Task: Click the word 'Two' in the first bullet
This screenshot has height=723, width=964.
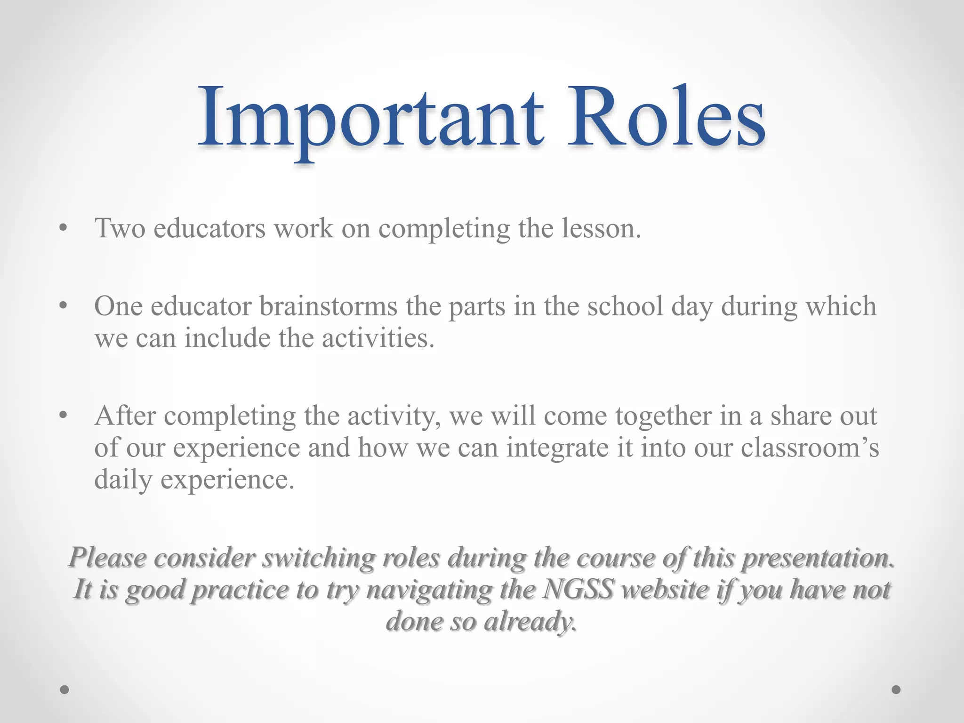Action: pos(120,229)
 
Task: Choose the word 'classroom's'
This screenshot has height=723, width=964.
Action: pos(810,448)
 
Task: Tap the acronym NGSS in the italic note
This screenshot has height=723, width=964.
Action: pos(578,590)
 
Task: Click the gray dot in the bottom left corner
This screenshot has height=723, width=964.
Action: pos(65,690)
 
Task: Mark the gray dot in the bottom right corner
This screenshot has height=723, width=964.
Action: pos(896,690)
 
